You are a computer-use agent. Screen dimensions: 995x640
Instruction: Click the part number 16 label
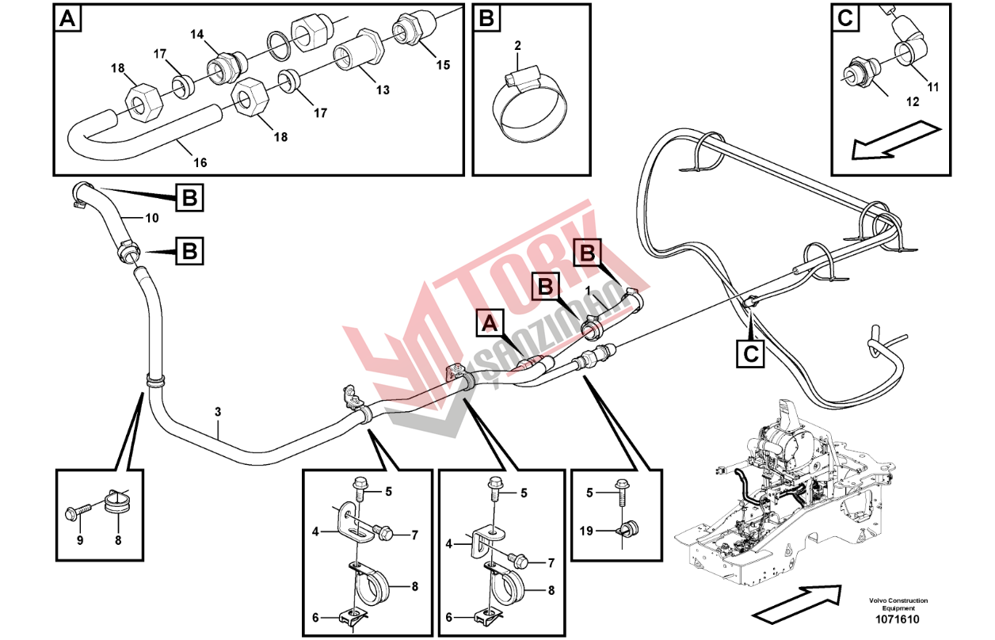[x=200, y=162]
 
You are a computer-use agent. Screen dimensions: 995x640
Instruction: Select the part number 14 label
[x=196, y=34]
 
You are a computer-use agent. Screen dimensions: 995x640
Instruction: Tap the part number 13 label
[x=383, y=90]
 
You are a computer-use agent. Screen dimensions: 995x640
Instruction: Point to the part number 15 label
[x=442, y=65]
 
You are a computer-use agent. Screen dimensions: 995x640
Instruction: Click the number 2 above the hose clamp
[x=517, y=45]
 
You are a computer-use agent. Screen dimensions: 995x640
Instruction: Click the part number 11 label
[x=933, y=87]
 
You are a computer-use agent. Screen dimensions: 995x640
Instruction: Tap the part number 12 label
[x=913, y=101]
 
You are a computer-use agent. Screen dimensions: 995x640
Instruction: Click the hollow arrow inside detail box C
[x=897, y=139]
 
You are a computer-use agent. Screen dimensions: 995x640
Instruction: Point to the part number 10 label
[x=152, y=218]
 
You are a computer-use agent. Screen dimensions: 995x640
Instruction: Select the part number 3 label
[x=218, y=412]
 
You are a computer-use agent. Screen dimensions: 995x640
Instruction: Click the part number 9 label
[x=80, y=540]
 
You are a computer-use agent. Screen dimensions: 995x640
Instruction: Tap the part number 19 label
[x=586, y=531]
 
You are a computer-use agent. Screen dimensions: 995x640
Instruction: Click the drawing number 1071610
[x=898, y=619]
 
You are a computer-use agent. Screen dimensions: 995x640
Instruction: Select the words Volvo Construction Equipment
[x=898, y=604]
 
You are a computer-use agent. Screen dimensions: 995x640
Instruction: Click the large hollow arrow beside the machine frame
[x=797, y=601]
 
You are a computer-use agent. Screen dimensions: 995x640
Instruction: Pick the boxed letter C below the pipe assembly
[x=750, y=354]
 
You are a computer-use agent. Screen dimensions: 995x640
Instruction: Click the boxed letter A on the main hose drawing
[x=490, y=322]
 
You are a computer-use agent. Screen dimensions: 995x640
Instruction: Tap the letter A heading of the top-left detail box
[x=67, y=19]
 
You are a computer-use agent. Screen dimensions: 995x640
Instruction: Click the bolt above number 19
[x=622, y=493]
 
